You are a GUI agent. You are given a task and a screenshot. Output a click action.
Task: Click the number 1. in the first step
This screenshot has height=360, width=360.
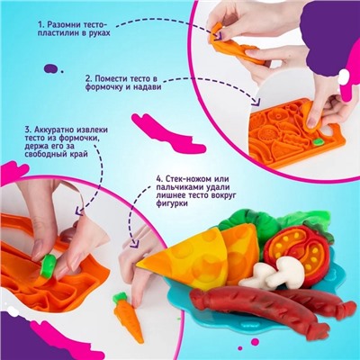pos(40,24)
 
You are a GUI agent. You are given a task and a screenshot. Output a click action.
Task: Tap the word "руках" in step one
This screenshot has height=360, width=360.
pos(99,32)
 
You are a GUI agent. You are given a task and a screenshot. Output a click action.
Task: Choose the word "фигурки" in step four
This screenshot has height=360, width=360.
pos(172,203)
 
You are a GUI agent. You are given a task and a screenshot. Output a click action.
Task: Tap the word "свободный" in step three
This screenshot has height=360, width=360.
pos(42,154)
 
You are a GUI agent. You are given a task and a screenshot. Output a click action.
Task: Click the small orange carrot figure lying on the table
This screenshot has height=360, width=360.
pos(128,317)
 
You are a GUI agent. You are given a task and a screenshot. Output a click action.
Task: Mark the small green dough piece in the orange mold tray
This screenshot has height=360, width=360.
pos(317,141)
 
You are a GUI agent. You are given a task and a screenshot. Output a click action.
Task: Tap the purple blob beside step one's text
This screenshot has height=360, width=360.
pos(51,68)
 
